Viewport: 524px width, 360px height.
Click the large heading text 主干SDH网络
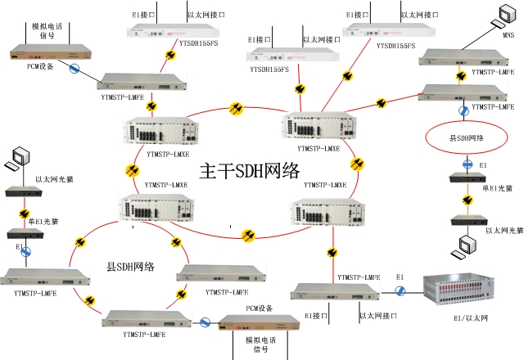point(250,172)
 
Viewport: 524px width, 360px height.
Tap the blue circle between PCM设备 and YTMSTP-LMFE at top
point(74,70)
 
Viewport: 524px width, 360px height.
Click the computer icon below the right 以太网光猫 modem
point(468,244)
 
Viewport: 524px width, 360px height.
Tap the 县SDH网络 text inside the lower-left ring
point(131,267)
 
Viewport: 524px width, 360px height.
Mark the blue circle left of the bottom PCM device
point(205,322)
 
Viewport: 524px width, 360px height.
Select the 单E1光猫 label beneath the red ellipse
point(496,187)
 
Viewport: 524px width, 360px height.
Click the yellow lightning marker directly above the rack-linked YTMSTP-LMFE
point(333,250)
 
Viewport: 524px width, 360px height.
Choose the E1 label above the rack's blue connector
point(400,279)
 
